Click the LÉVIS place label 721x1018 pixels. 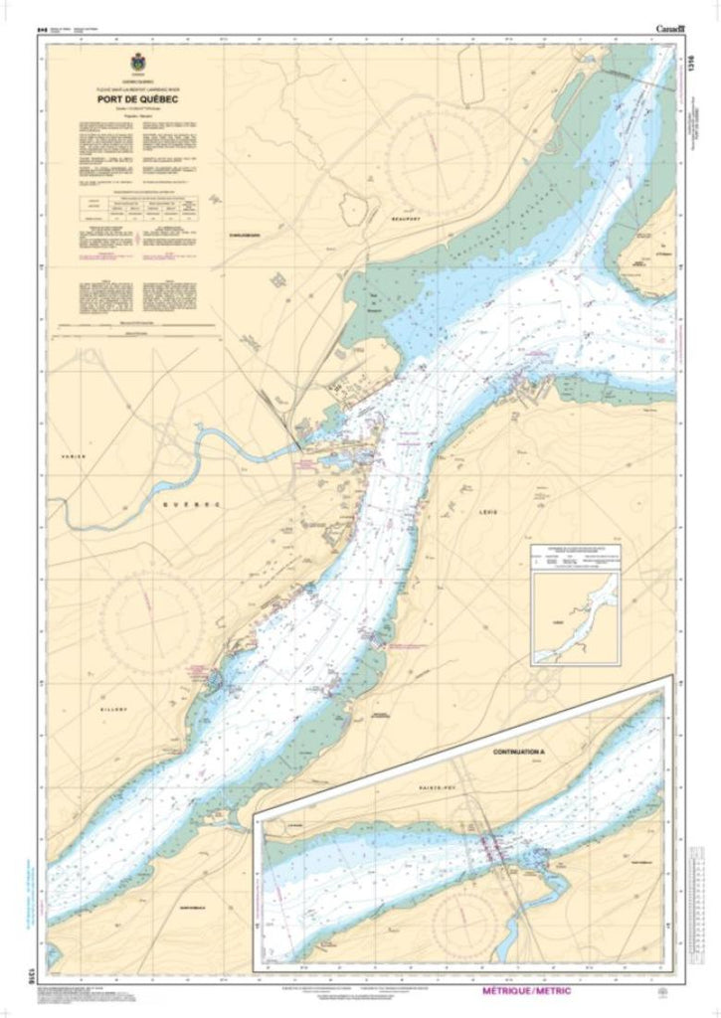[x=484, y=513]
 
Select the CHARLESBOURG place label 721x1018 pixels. [x=245, y=236]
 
